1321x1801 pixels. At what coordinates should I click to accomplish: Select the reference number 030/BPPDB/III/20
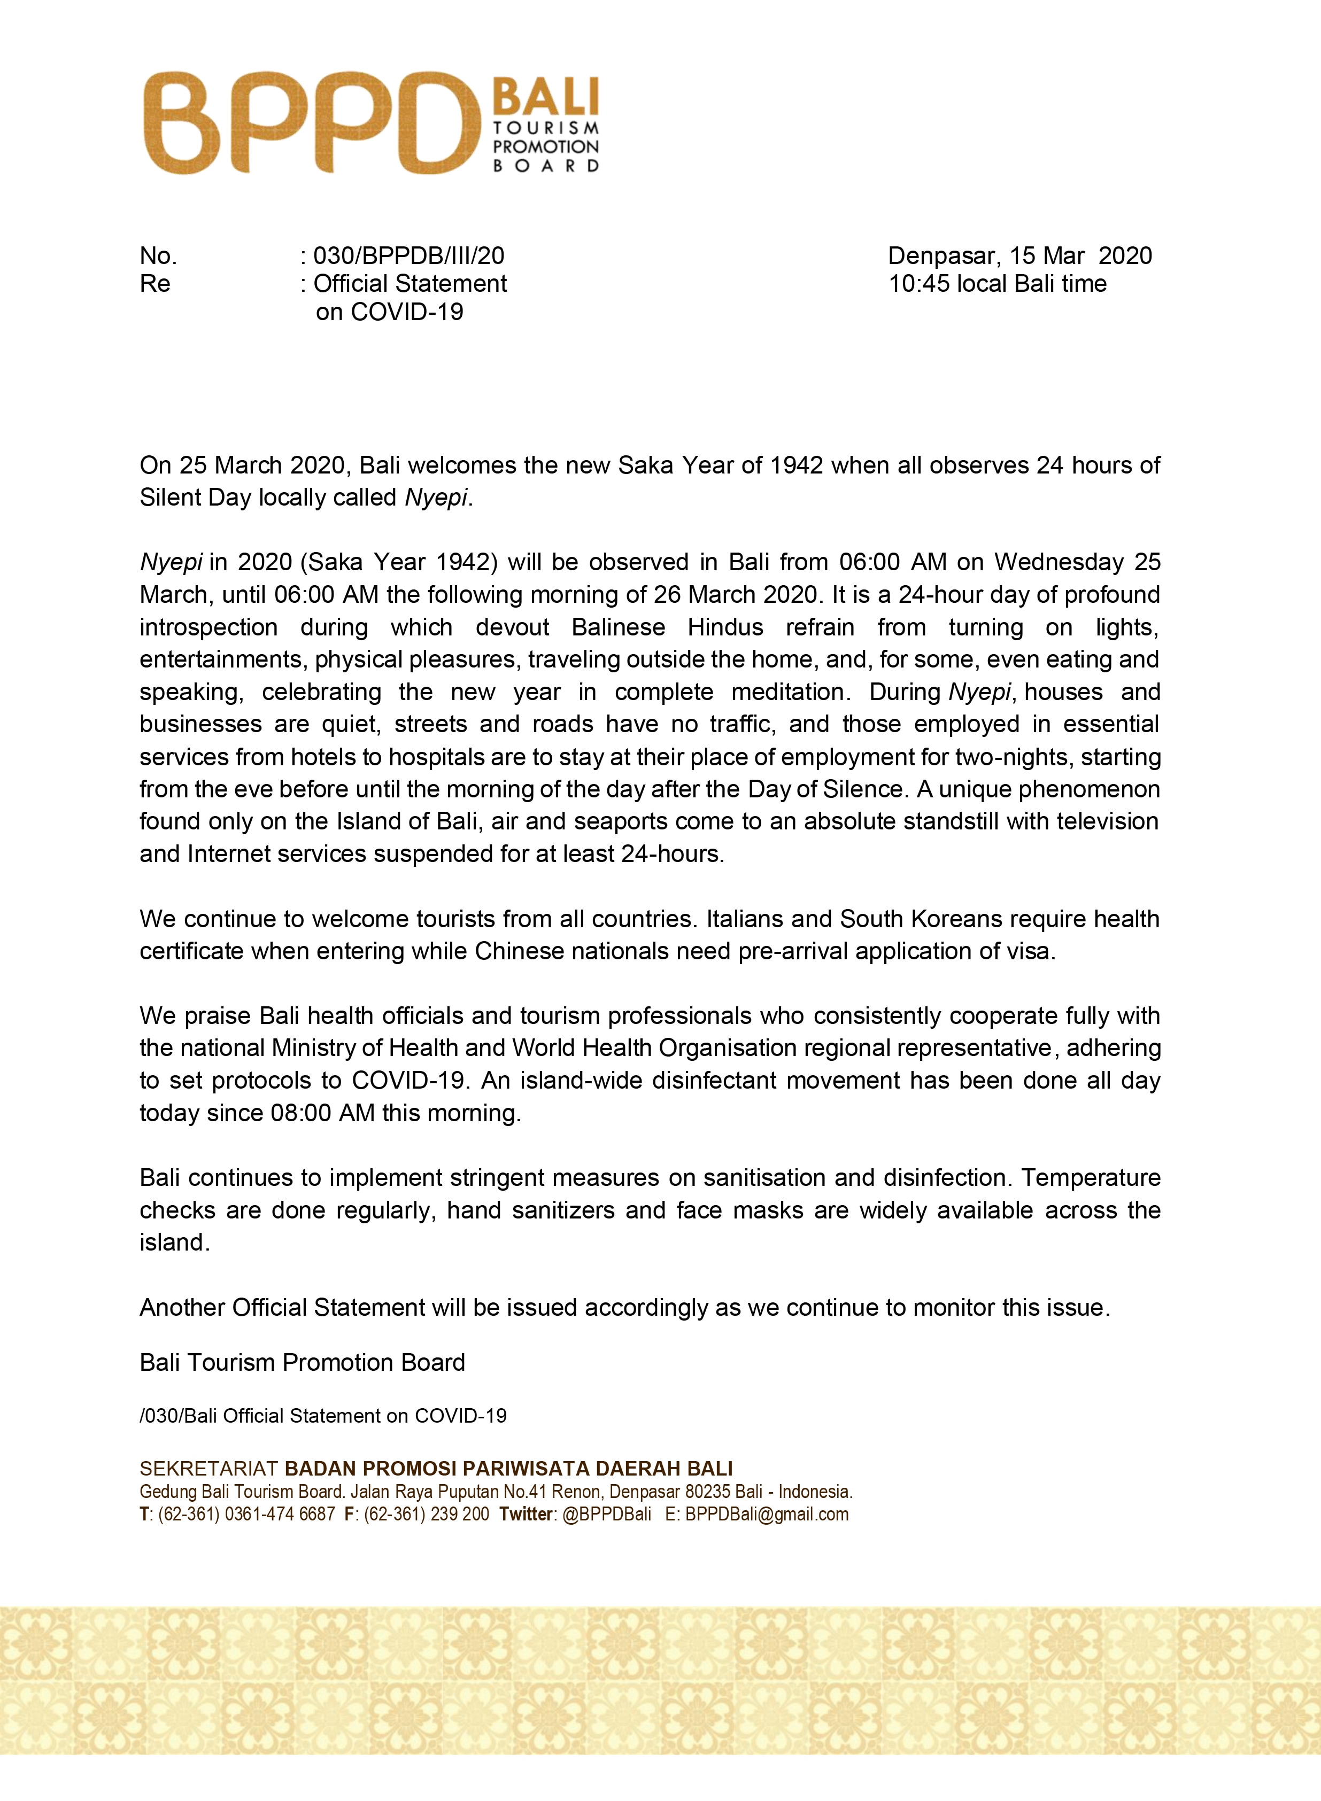point(408,256)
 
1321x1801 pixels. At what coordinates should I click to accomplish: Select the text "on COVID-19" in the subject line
point(389,312)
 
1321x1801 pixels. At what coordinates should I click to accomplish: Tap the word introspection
point(208,627)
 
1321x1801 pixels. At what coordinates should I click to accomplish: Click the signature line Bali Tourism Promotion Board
point(302,1362)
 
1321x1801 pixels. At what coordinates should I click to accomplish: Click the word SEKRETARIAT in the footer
point(208,1469)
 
